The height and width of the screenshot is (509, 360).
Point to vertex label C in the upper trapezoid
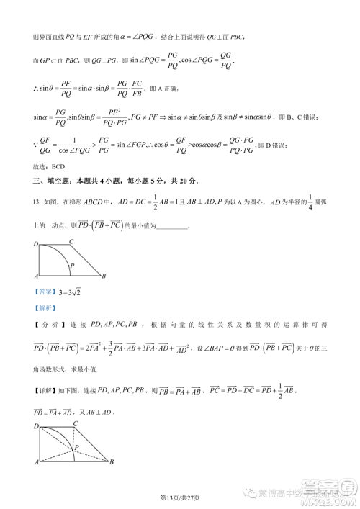(x=71, y=242)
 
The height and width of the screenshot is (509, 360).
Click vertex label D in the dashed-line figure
(x=36, y=428)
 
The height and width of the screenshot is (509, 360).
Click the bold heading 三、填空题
(x=55, y=180)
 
